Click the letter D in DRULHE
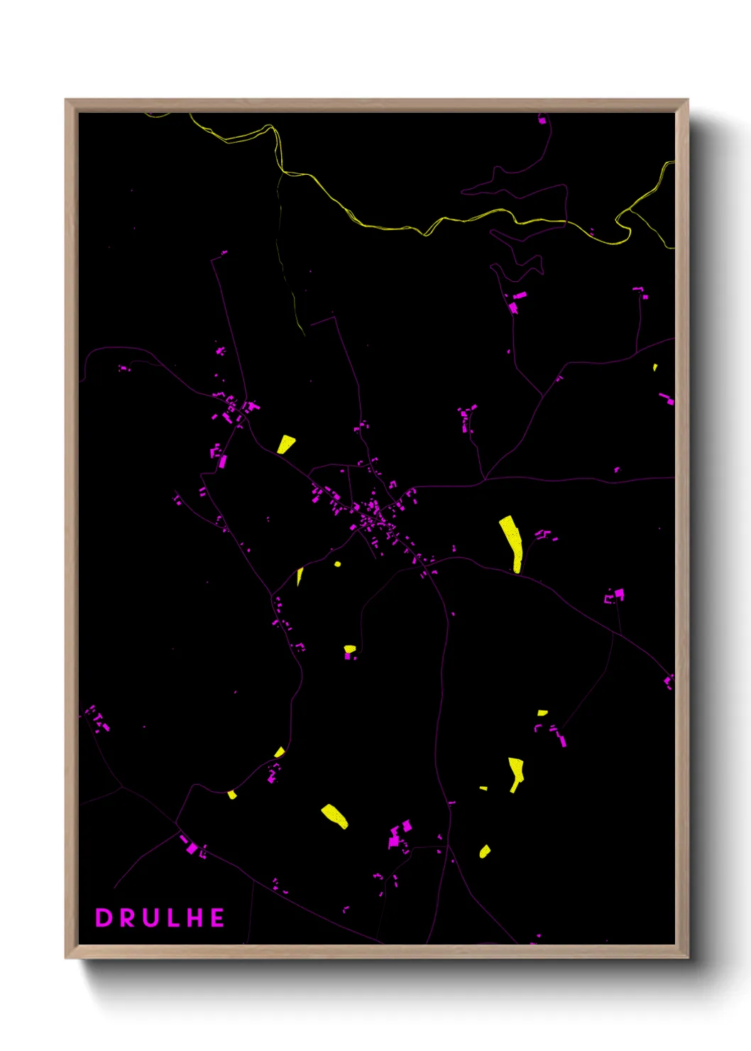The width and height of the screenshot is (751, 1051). pos(104,917)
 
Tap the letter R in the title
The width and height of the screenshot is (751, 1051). pos(128,917)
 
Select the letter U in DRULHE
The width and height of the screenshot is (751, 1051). pos(151,917)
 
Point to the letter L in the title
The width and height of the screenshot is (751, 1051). pos(173,917)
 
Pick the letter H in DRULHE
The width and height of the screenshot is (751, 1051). pos(195,917)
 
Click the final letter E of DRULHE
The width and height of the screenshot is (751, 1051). pos(217,917)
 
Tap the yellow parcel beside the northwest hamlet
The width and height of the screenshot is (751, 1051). pos(285,444)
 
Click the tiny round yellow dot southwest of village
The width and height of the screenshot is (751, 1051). pos(337,565)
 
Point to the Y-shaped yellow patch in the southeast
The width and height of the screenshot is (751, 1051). pos(516,773)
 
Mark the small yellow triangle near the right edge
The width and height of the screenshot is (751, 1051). pos(655,367)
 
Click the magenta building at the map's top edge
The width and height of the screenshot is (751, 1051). pos(542,120)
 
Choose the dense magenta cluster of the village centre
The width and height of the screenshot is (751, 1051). pos(373,513)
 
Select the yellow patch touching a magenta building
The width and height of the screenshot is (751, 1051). pos(349,648)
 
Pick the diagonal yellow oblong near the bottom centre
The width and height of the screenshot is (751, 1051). pos(334,815)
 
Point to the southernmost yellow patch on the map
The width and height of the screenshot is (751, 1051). pos(485,851)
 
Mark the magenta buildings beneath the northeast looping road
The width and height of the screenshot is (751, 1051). pos(516,301)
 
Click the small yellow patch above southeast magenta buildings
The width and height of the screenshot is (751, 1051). pos(542,712)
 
